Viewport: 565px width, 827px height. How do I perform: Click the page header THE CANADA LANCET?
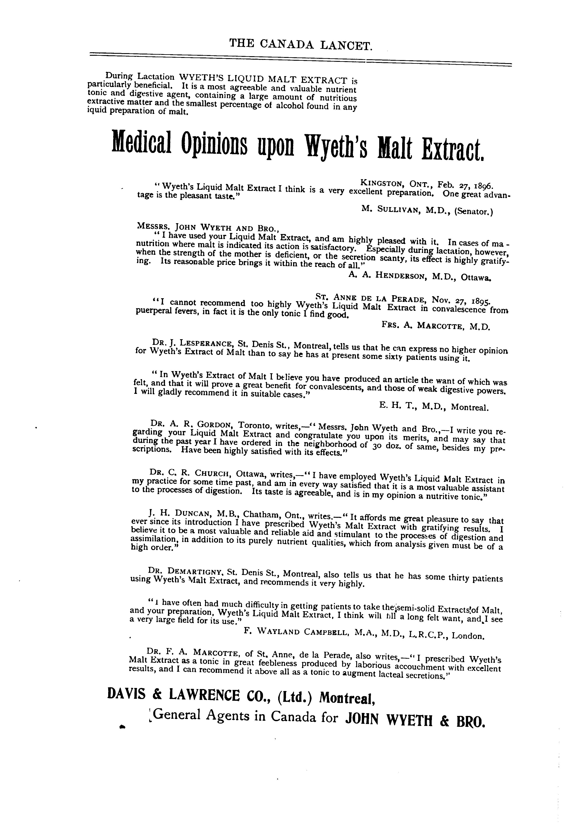click(301, 44)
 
